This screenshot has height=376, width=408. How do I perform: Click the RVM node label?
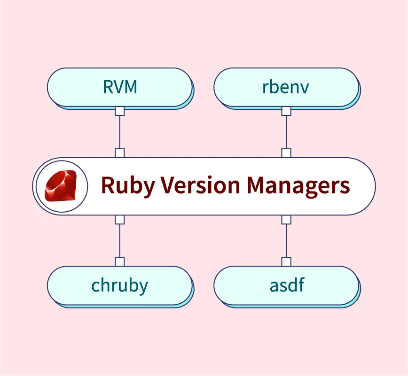120,87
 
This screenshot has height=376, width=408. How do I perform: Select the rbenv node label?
286,87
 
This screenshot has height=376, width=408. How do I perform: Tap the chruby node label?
119,285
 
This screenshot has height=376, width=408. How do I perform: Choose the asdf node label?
286,284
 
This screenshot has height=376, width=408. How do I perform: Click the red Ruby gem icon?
61,185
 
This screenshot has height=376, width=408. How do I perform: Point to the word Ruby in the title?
128,186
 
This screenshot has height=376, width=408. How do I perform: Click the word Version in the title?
197,185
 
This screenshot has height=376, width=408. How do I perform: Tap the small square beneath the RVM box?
120,111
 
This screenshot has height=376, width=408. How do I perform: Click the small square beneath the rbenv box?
286,111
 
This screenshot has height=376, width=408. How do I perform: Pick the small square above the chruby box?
120,261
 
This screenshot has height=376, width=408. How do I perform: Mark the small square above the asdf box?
286,261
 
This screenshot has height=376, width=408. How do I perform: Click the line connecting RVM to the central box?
120,132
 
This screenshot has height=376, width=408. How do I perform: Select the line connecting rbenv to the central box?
286,132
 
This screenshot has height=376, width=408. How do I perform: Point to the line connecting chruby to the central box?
120,240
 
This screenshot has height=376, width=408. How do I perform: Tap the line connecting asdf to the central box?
286,240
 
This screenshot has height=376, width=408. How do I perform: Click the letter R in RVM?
107,87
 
